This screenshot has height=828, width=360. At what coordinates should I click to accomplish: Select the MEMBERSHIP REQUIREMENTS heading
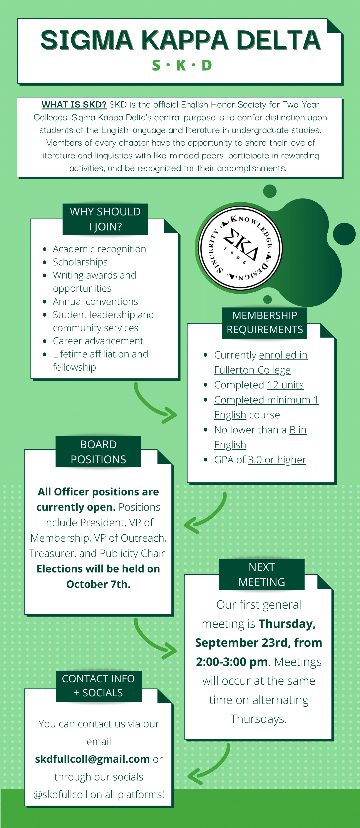point(265,322)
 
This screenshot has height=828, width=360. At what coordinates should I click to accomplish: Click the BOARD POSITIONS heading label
point(98,452)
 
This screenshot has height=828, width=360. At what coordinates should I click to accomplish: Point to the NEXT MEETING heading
point(262,574)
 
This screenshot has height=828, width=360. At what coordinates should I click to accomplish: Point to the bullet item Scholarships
point(80,262)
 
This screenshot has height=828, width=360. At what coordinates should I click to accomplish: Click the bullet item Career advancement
point(98,341)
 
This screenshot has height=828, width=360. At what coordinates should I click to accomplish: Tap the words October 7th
point(98,584)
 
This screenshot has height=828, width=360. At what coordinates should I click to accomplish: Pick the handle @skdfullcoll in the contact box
point(60,794)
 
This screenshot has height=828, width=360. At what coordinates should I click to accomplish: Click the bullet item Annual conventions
point(95,302)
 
